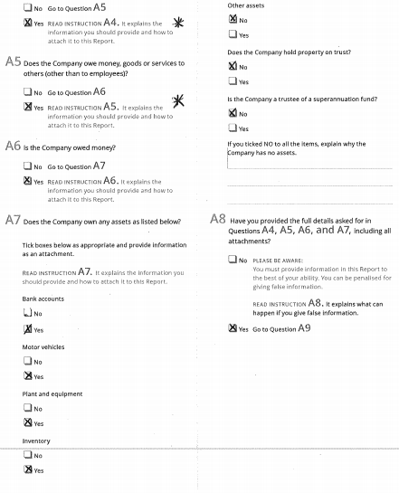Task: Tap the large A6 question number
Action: [14, 146]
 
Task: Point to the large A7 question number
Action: [14, 220]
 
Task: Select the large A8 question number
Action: [218, 219]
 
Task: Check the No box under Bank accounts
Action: [27, 314]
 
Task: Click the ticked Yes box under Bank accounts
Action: [27, 329]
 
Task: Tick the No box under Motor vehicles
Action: [27, 361]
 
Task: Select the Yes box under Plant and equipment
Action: [27, 422]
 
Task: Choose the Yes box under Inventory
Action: [27, 470]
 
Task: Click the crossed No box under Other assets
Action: [233, 19]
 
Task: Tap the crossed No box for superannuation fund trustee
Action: [233, 113]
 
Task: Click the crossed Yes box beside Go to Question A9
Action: [233, 328]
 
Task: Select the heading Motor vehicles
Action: [43, 346]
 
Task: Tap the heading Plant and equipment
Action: [52, 393]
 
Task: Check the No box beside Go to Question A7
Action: [27, 166]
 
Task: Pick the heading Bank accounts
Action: [43, 298]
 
